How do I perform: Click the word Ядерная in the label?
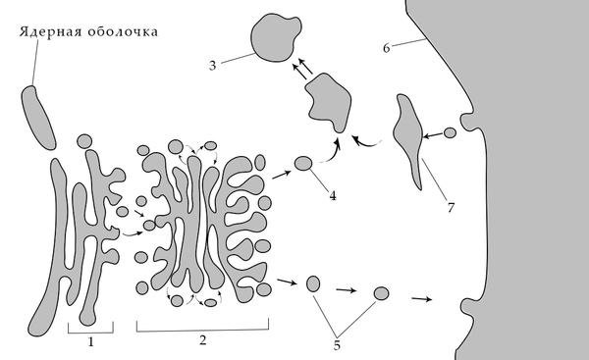[x=50, y=31]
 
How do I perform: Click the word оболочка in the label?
[x=123, y=32]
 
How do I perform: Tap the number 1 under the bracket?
[x=90, y=342]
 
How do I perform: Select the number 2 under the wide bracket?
[x=203, y=340]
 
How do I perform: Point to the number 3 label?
[x=213, y=66]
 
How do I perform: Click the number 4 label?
[x=333, y=195]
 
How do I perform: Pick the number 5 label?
[x=337, y=345]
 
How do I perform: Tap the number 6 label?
[x=387, y=48]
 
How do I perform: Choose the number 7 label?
[x=451, y=207]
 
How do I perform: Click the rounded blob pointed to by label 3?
[x=275, y=37]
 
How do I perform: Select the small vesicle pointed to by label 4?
[x=303, y=164]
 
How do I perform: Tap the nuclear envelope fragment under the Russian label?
[x=37, y=117]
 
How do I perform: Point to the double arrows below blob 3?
[x=302, y=68]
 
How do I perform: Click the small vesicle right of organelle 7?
[x=450, y=132]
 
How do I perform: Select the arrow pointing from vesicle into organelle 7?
[x=433, y=135]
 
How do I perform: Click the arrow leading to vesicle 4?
[x=282, y=175]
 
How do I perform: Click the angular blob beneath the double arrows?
[x=329, y=101]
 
